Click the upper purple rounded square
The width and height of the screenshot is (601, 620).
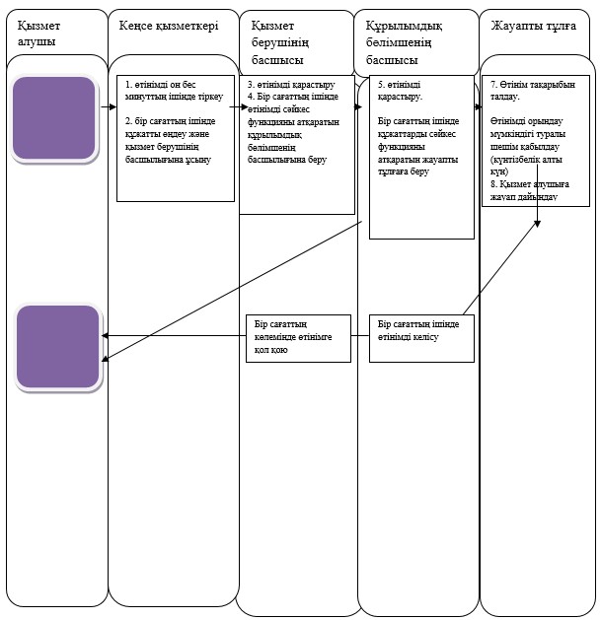54,118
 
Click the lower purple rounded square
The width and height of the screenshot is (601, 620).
58,346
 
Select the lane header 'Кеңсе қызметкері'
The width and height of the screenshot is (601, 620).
169,26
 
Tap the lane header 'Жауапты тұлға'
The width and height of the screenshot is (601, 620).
533,26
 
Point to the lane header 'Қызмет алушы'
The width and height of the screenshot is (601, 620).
38,34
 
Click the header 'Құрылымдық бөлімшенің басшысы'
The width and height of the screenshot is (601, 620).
404,42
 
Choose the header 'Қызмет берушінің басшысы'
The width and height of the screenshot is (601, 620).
280,42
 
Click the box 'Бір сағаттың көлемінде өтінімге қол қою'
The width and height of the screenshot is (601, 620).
298,338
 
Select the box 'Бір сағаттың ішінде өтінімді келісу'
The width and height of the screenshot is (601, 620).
421,338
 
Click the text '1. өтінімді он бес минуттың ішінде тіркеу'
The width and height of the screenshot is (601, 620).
175,91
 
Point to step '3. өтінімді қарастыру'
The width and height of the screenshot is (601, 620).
291,85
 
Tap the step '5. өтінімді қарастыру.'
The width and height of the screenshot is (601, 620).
400,91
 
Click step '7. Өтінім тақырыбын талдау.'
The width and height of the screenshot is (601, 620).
533,91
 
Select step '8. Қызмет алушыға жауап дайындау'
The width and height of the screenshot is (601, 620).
530,190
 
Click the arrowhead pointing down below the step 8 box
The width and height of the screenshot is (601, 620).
537,224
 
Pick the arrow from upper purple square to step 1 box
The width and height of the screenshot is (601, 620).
109,106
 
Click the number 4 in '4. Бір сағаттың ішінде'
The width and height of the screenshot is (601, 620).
251,97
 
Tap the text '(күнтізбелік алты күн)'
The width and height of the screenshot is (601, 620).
526,166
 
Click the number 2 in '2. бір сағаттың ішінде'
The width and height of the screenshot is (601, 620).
128,121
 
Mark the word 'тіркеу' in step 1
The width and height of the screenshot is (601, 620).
210,97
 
